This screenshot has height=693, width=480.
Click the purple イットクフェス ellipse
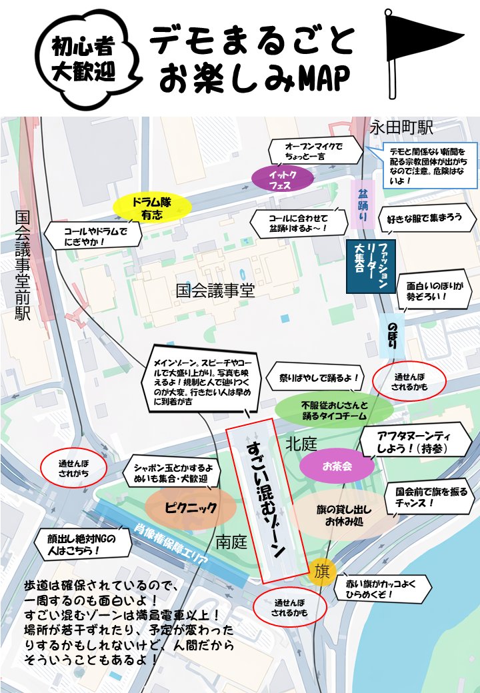283,179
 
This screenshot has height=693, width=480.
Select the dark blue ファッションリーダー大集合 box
371,266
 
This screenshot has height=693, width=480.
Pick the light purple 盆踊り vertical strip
362,203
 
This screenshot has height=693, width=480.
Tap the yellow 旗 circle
323,571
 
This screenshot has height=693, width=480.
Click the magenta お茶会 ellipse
337,466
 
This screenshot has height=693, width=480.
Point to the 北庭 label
301,443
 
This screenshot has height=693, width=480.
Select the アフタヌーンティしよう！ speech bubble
412,441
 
